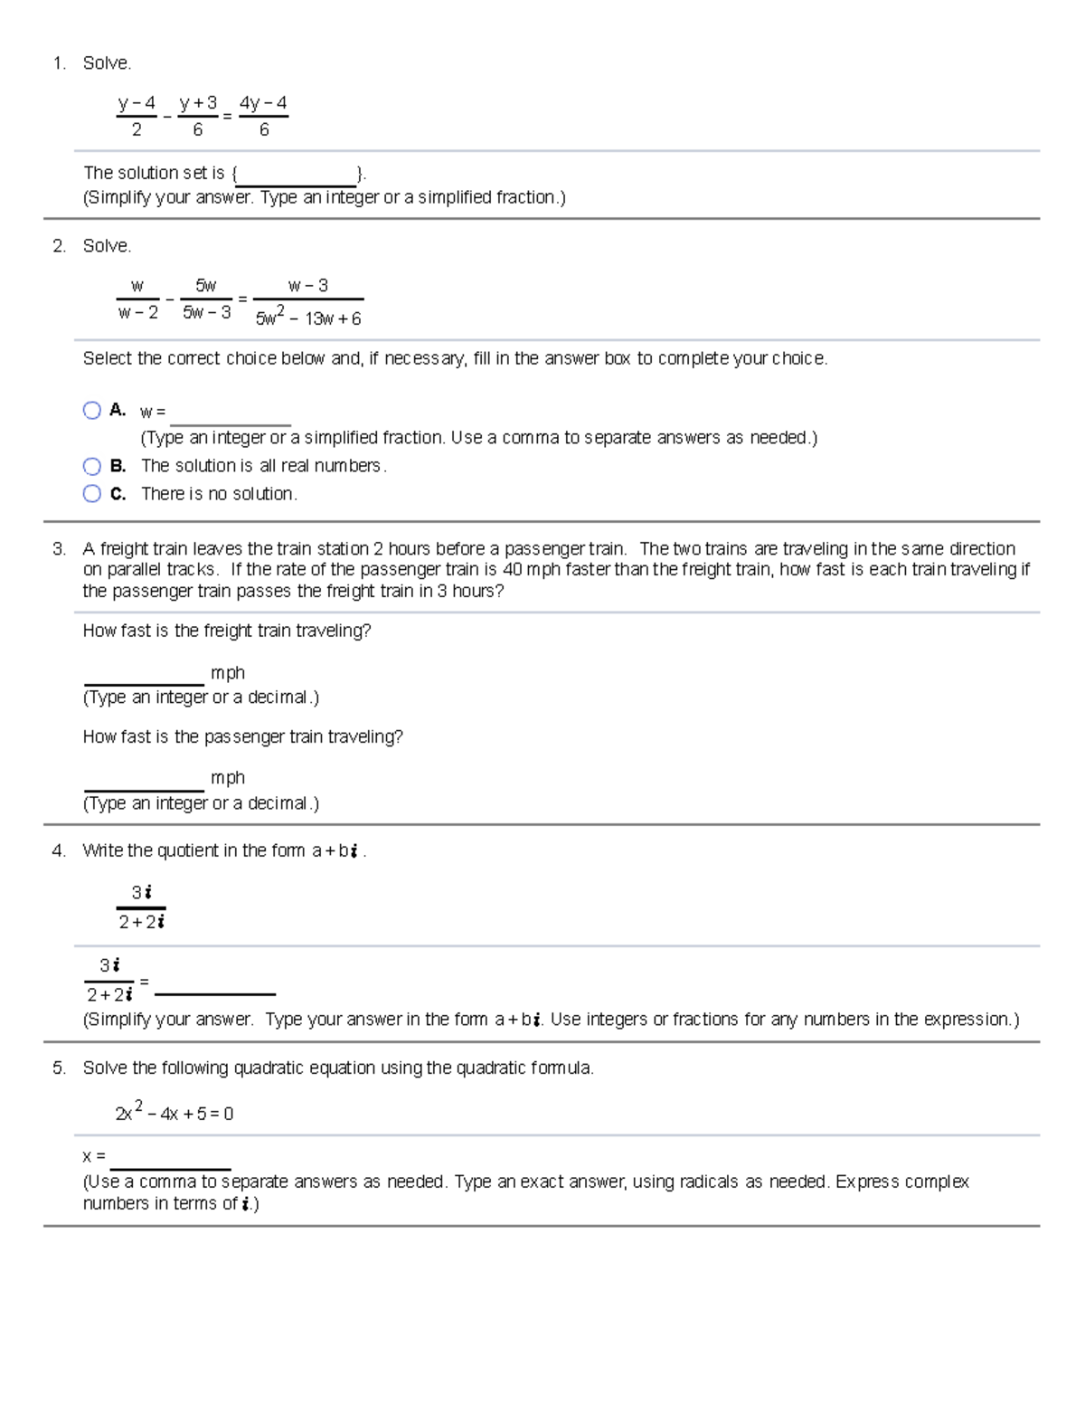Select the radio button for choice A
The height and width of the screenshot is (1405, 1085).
click(91, 411)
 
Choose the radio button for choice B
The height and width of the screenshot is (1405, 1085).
click(91, 466)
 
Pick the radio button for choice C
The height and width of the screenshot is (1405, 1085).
click(91, 493)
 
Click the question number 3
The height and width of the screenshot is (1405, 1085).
click(59, 549)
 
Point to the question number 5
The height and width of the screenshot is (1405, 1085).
click(59, 1068)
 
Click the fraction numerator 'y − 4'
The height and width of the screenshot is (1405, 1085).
click(137, 103)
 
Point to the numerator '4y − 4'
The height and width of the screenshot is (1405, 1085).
click(263, 103)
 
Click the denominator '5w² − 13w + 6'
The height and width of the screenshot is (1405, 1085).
click(308, 318)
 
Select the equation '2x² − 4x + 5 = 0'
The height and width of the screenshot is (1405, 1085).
click(174, 1113)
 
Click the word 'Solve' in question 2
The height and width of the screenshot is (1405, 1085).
click(107, 246)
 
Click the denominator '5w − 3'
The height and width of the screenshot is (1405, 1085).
click(206, 313)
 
